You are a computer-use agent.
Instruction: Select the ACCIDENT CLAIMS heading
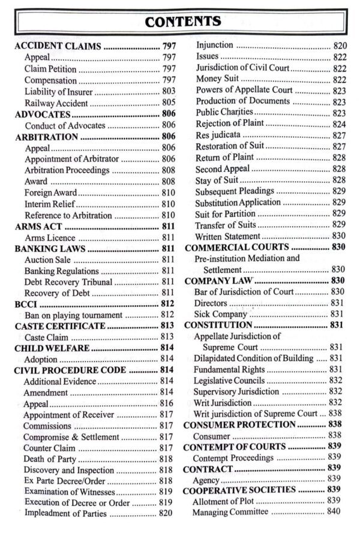pos(57,46)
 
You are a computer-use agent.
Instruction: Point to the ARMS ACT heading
pos(39,227)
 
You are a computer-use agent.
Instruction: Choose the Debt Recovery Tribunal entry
pos(68,282)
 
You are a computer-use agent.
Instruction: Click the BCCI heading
pos(26,305)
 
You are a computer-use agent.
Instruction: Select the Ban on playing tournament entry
pos(74,315)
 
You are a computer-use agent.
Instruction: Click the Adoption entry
pos(41,359)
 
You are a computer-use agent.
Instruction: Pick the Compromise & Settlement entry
pos(72,437)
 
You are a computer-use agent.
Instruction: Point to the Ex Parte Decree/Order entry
pos(65,481)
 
